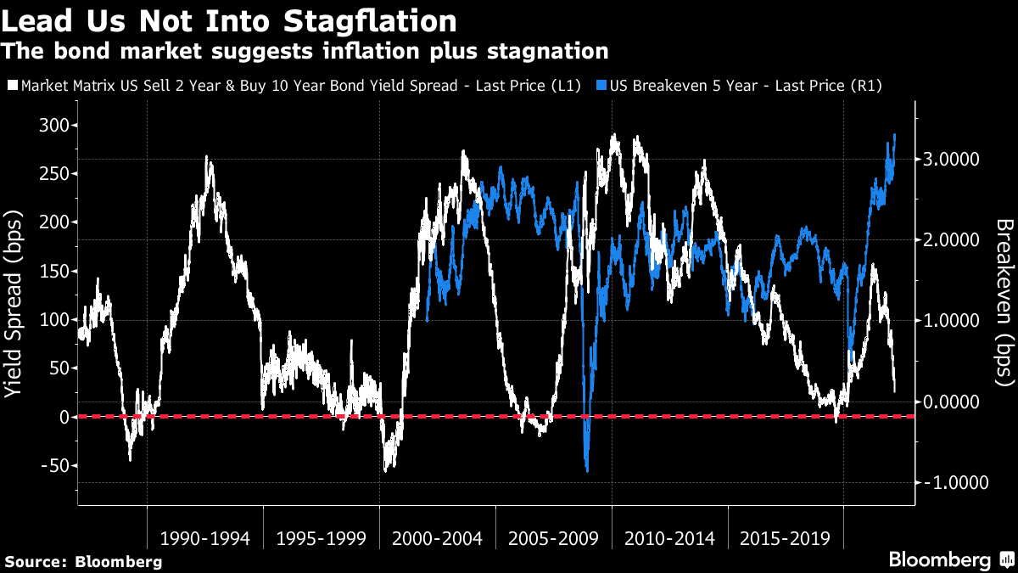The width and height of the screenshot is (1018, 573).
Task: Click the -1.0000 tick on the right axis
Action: [950, 482]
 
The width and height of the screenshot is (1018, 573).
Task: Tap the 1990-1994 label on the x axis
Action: [204, 538]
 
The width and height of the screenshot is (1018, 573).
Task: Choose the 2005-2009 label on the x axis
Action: [553, 538]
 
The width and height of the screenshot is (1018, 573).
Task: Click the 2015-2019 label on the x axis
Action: [785, 538]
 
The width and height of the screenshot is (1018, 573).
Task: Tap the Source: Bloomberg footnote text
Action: [83, 561]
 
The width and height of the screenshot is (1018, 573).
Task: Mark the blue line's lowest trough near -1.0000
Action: [586, 471]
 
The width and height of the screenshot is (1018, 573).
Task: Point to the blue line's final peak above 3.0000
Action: [894, 135]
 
